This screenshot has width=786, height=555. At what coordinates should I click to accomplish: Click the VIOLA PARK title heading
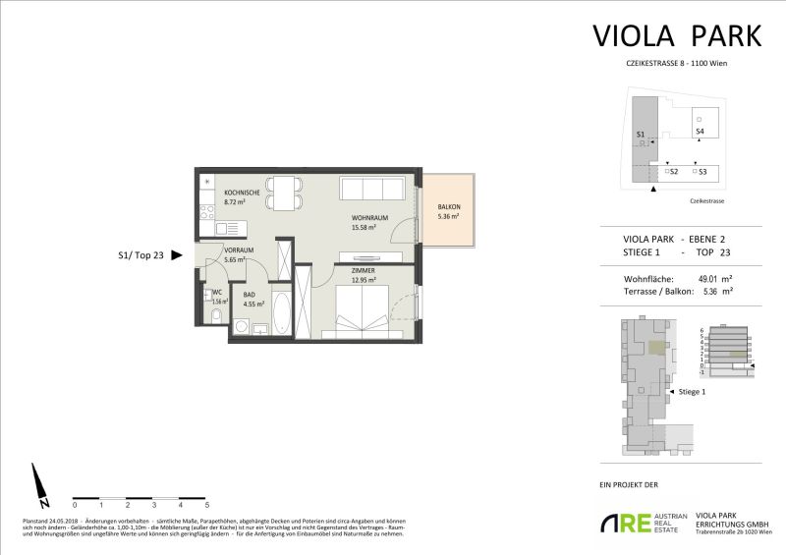(x=677, y=35)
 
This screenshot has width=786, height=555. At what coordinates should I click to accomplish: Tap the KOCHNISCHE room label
(x=242, y=193)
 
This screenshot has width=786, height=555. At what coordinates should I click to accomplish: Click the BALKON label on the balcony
(x=450, y=206)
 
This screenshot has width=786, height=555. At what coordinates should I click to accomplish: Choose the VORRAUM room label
(x=239, y=250)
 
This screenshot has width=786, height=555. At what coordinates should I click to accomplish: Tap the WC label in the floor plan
(x=216, y=293)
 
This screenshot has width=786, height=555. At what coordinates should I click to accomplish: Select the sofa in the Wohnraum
(x=371, y=190)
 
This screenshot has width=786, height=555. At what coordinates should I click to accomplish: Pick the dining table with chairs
(x=286, y=192)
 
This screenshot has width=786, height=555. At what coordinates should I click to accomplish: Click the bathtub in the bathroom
(x=279, y=315)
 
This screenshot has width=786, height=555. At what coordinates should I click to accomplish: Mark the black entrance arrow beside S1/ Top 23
(x=178, y=254)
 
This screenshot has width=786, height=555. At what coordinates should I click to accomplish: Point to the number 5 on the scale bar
(x=207, y=504)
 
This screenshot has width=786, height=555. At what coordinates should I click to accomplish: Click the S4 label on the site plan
(x=700, y=131)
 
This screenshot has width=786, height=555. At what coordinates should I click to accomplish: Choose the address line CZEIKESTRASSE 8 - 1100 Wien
(x=676, y=63)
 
